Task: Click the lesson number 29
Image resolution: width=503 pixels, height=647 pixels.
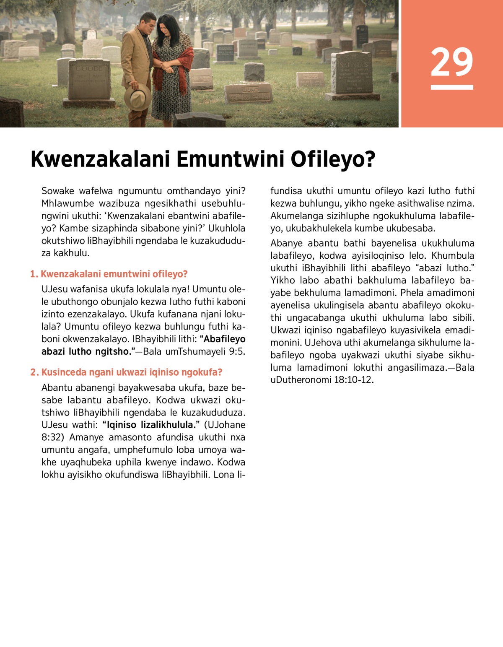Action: [451, 62]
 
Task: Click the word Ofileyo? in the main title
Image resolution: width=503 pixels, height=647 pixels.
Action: [333, 159]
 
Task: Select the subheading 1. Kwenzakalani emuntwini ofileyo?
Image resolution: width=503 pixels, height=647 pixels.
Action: [109, 274]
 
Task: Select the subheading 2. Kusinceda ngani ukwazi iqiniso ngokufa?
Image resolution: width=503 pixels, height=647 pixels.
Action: [126, 372]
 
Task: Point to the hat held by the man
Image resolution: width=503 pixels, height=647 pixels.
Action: [137, 96]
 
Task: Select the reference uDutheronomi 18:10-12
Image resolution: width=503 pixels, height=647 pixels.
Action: [322, 380]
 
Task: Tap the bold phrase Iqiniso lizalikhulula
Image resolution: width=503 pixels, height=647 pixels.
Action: [151, 425]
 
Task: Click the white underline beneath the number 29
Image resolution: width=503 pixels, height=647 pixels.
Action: [451, 87]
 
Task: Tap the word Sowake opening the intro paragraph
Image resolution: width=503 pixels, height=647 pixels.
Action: [57, 191]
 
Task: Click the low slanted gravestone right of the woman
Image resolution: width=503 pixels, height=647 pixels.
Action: [249, 93]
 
